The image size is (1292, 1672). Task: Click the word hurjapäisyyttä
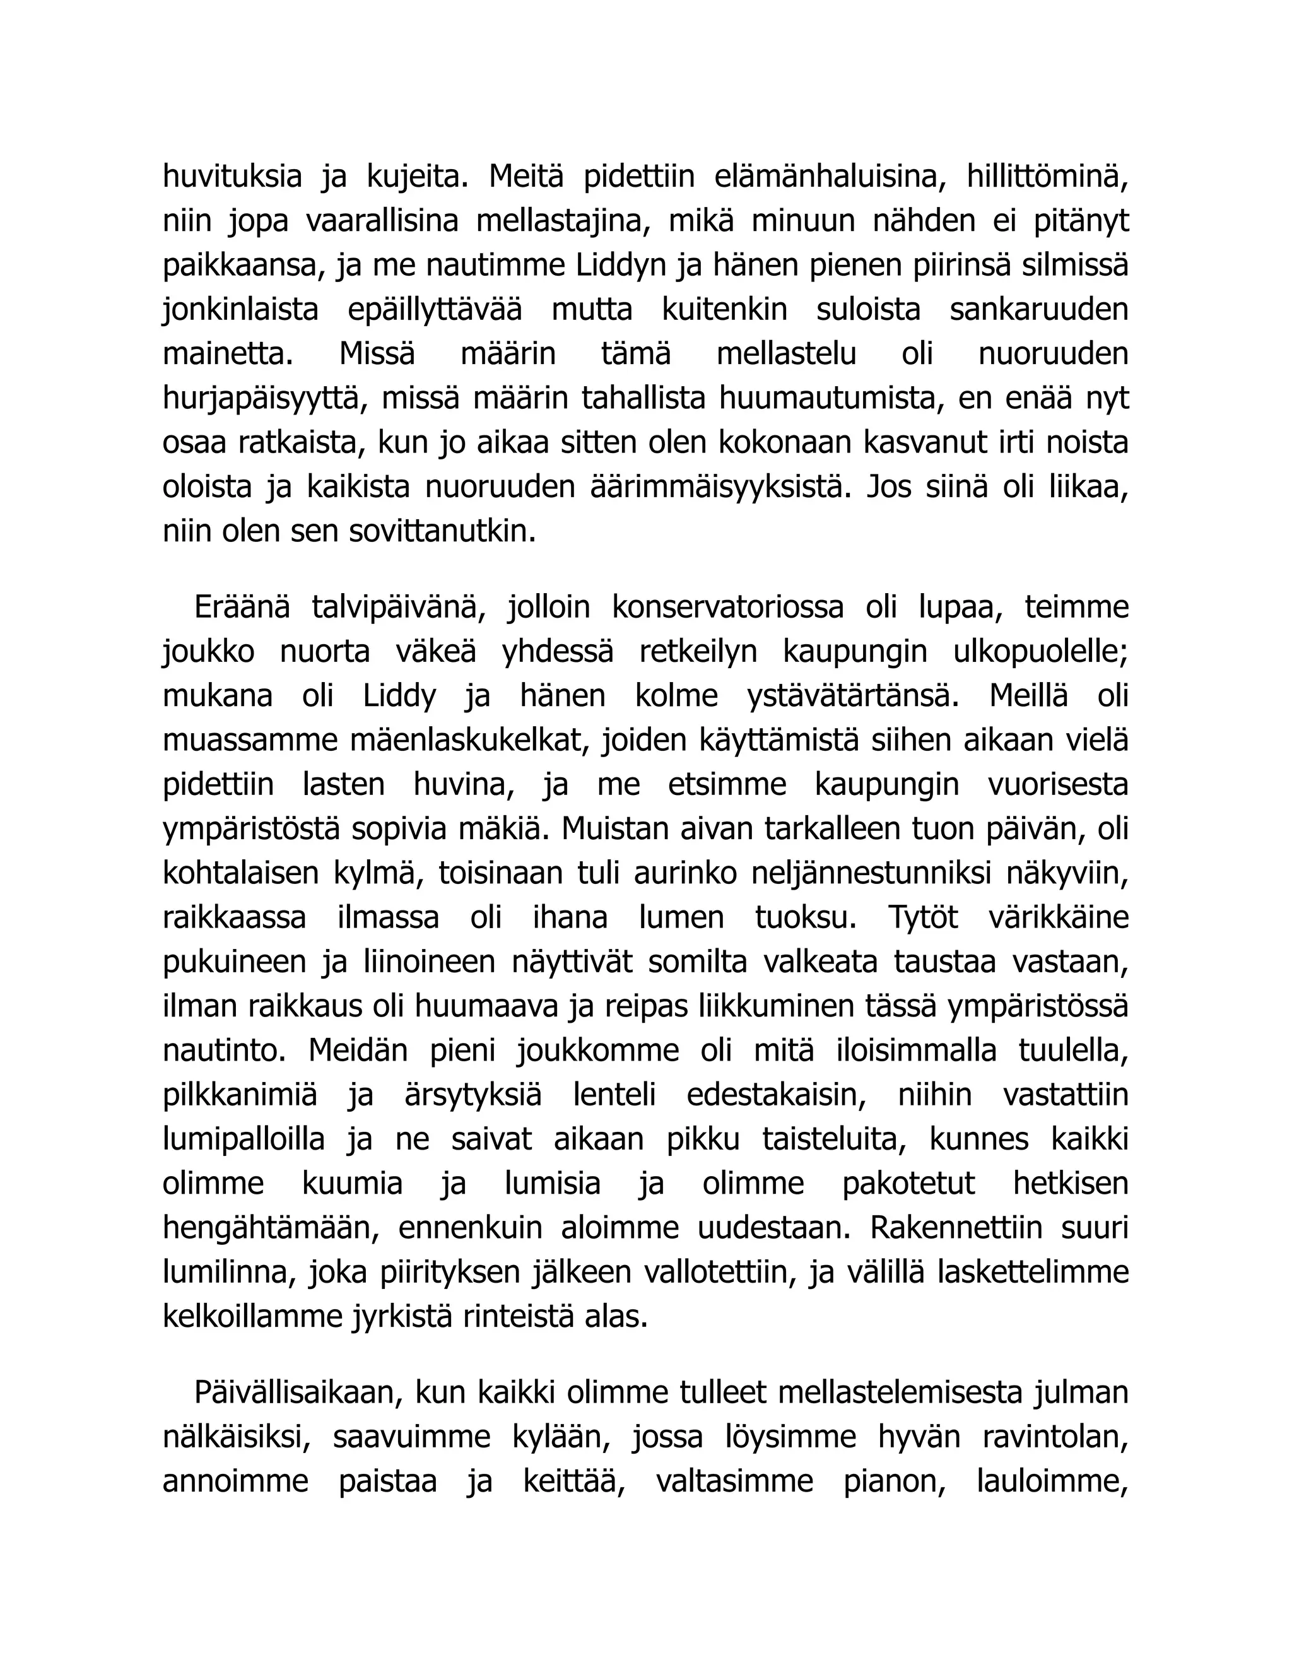click(261, 399)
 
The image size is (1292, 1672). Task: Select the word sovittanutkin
click(442, 531)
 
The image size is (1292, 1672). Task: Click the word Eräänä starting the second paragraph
click(242, 608)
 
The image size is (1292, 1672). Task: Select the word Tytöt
click(922, 918)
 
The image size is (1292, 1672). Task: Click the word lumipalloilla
click(244, 1140)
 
